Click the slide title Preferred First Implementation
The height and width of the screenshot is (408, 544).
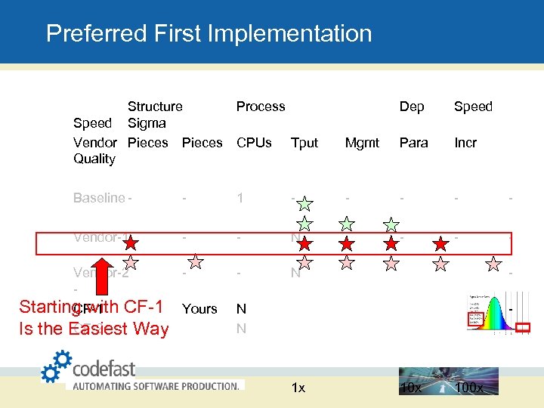pos(209,33)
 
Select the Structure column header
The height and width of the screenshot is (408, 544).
pos(155,107)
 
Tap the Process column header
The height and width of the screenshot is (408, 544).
pos(261,107)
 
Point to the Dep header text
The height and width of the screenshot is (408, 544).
pos(411,107)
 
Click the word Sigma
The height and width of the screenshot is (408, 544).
pos(147,123)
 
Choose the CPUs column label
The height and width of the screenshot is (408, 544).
pos(254,142)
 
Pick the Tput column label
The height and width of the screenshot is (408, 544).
pos(304,142)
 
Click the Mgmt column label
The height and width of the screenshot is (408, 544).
pos(362,142)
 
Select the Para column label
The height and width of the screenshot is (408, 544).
pos(413,142)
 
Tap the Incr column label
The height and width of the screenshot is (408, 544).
pos(465,142)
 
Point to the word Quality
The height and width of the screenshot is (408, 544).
pos(94,159)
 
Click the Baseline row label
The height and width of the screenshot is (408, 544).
pos(99,198)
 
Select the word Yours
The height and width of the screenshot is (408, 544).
pos(199,308)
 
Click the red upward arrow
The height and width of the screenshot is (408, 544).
pos(103,284)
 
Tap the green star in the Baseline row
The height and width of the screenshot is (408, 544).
pos(304,202)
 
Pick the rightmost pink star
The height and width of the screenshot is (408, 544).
pos(493,263)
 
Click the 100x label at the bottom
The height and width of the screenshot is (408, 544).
pos(471,388)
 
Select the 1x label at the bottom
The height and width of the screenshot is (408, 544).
pos(298,388)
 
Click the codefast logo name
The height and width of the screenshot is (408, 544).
pos(104,369)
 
